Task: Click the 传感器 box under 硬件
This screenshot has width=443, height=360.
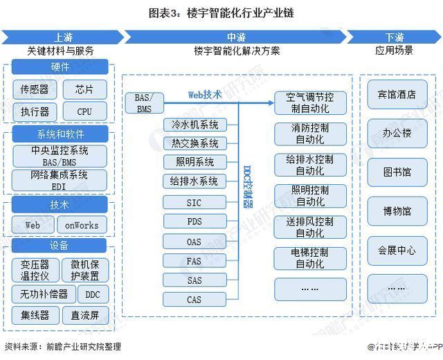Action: pyautogui.click(x=35, y=89)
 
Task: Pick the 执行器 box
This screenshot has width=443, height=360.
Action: pyautogui.click(x=35, y=111)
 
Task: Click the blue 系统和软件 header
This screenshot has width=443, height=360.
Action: pyautogui.click(x=60, y=134)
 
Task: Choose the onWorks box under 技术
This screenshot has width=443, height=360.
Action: pyautogui.click(x=82, y=225)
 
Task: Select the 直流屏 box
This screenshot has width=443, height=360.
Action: pyautogui.click(x=85, y=316)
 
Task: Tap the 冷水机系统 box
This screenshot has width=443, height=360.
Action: pyautogui.click(x=195, y=125)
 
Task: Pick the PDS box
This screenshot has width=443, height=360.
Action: pyautogui.click(x=195, y=222)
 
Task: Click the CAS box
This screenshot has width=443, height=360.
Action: pyautogui.click(x=195, y=300)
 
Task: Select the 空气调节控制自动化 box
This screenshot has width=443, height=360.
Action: pyautogui.click(x=309, y=103)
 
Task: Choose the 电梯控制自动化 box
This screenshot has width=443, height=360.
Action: pyautogui.click(x=309, y=258)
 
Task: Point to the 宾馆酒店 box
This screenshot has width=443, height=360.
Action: pyautogui.click(x=397, y=95)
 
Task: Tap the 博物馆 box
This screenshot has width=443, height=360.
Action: pyautogui.click(x=397, y=210)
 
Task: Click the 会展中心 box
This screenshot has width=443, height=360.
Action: pyautogui.click(x=397, y=250)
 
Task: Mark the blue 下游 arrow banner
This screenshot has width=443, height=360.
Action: pyautogui.click(x=393, y=37)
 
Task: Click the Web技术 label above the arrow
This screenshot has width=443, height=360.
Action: pyautogui.click(x=205, y=95)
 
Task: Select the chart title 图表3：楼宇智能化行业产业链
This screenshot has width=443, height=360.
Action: pyautogui.click(x=221, y=12)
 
